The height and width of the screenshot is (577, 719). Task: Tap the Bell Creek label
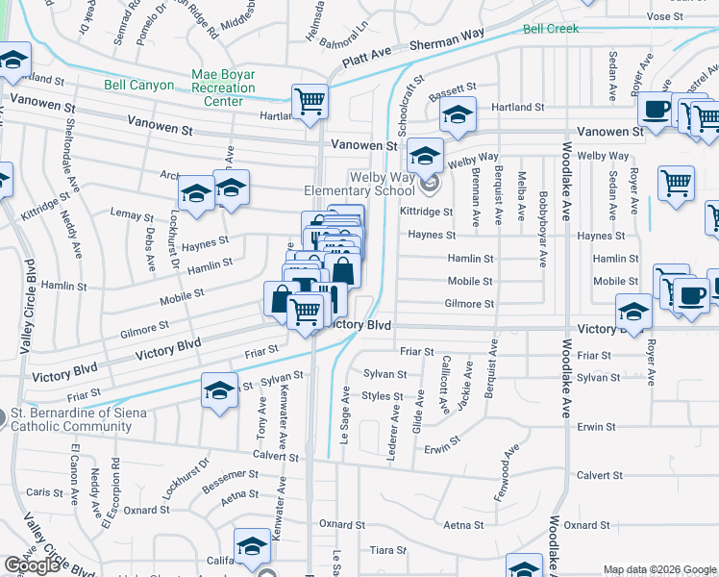pos(551,29)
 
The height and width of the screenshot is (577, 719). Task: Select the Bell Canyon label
pos(139,86)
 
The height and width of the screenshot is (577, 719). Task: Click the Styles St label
pos(383,396)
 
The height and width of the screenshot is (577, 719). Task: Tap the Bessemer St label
pos(226,476)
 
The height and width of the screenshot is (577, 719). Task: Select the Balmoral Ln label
pos(348,45)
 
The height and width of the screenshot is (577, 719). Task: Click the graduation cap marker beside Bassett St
pos(459,116)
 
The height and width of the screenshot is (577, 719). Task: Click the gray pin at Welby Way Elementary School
pos(429,182)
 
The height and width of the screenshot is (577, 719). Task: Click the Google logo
pos(33,565)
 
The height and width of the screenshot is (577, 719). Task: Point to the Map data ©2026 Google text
pos(658,569)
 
